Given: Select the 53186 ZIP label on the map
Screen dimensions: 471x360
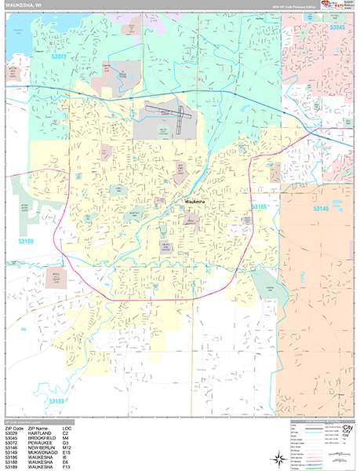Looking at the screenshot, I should [260, 207].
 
